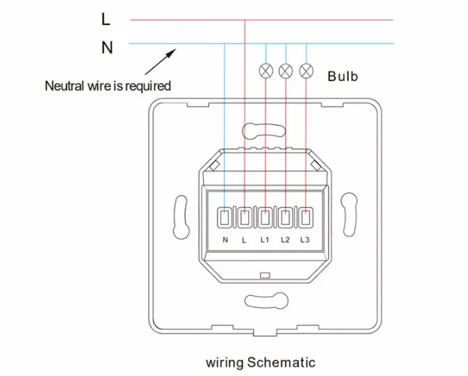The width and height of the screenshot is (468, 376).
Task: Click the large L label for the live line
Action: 106,19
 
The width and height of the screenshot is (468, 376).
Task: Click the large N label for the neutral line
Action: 107,47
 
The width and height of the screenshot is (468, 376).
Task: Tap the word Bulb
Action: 343,76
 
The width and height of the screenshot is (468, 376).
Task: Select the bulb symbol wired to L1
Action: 266,71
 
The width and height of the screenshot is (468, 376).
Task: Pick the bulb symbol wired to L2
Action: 286,71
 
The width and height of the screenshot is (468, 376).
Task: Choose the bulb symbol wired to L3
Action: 306,71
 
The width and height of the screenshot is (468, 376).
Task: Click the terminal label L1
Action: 265,240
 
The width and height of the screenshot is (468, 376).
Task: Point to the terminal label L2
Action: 285,240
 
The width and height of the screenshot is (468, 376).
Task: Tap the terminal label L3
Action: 305,240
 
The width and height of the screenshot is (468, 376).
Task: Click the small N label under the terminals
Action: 225,240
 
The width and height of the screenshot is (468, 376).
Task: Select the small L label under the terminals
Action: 244,240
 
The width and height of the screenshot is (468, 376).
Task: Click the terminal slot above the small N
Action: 224,217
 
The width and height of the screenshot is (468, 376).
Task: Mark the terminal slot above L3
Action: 306,217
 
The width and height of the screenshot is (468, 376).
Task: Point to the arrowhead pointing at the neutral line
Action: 172,54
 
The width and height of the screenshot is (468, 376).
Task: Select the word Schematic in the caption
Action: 281,362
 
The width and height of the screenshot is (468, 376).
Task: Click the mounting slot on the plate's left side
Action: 181,217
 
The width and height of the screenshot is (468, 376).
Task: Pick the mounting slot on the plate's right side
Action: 349,214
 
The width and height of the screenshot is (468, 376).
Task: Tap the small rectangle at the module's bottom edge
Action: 265,275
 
